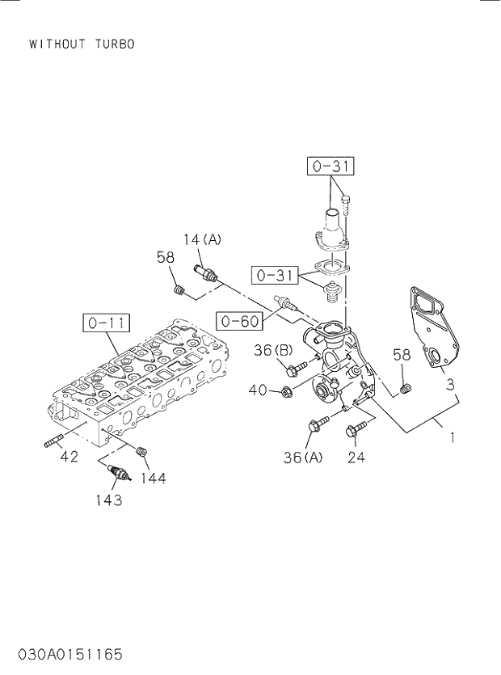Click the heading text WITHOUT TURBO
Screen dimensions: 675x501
(x=82, y=44)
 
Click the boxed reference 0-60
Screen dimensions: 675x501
(x=238, y=321)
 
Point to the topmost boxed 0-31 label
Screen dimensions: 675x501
(x=330, y=167)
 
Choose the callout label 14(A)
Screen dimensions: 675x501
(x=201, y=239)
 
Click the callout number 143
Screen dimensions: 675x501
(x=107, y=500)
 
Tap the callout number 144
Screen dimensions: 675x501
(x=152, y=479)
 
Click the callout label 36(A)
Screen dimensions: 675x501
(x=303, y=458)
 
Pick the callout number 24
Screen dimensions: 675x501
(x=356, y=458)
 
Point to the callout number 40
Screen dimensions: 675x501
(x=258, y=390)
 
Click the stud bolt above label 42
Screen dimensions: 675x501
(x=53, y=442)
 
